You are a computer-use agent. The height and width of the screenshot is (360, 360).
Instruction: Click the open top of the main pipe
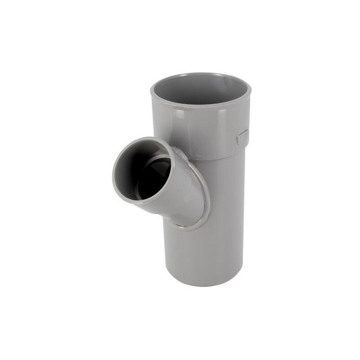pyautogui.click(x=200, y=90)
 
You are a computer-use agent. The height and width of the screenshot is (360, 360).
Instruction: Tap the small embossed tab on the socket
pyautogui.click(x=243, y=136)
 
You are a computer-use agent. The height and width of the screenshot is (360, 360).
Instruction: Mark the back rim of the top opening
pyautogui.click(x=200, y=74)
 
